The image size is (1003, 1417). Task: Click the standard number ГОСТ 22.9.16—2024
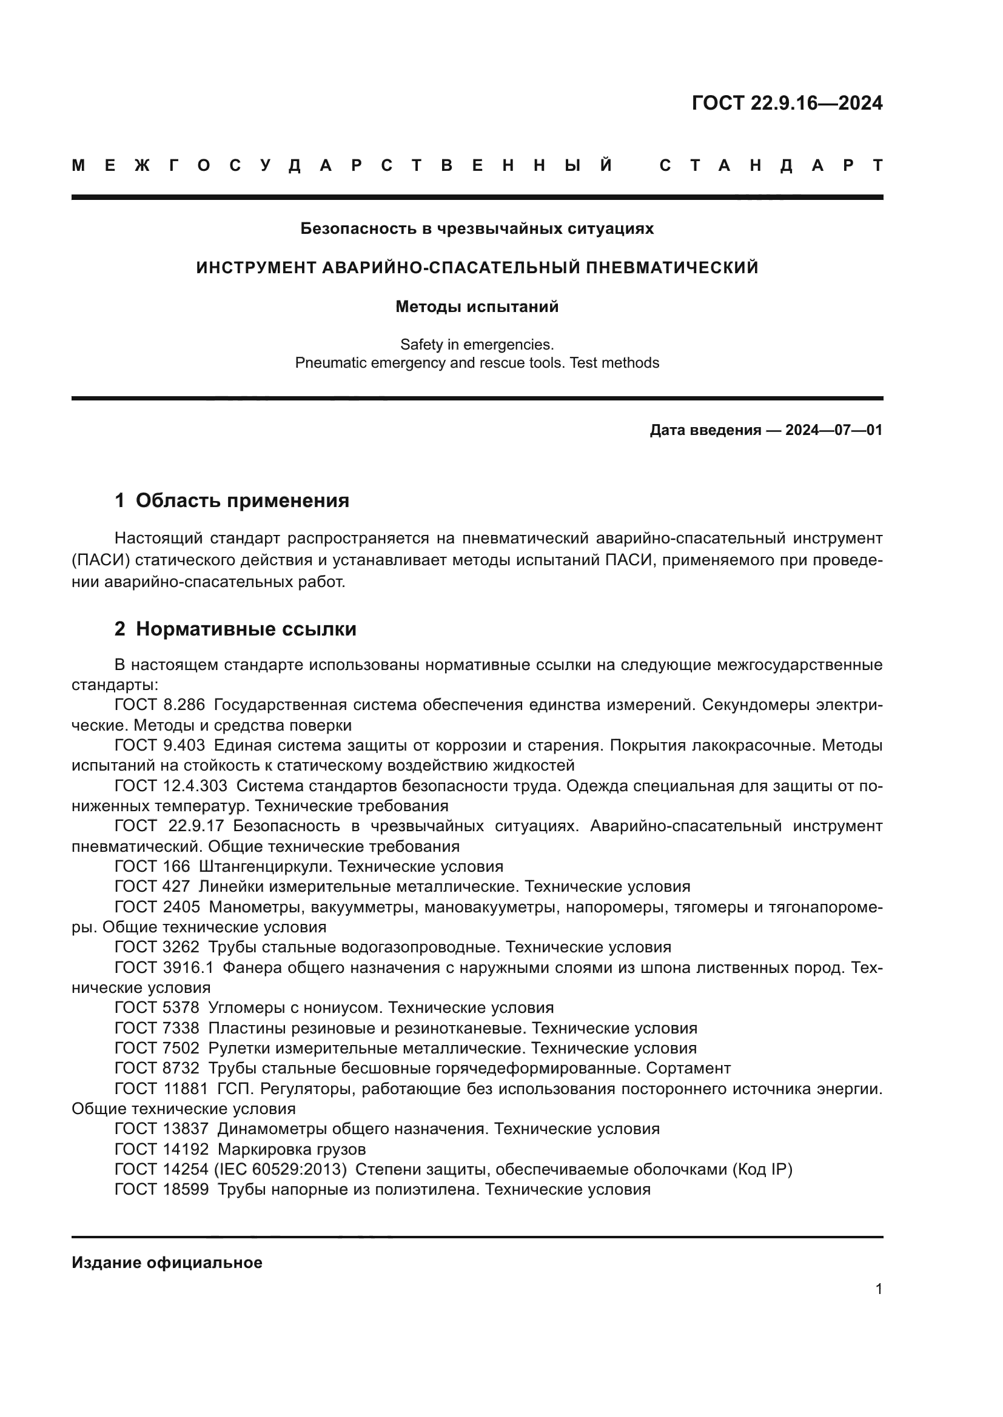[x=787, y=103]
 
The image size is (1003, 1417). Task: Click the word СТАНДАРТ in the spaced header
[x=771, y=165]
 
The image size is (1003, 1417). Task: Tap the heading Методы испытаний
[x=477, y=307]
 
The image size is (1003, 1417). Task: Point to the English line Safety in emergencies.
[x=477, y=344]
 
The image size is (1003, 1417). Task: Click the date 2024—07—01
[x=834, y=430]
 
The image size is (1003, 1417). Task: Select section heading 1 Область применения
[x=232, y=500]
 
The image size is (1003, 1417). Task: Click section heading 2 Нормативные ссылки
[x=235, y=629]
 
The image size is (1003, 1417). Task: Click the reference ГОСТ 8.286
[x=159, y=705]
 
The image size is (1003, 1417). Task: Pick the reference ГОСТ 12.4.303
[x=171, y=786]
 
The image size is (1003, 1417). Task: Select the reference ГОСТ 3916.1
[x=164, y=967]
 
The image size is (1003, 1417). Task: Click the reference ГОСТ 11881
[x=162, y=1089]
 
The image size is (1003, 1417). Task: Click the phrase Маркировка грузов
[x=292, y=1149]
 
